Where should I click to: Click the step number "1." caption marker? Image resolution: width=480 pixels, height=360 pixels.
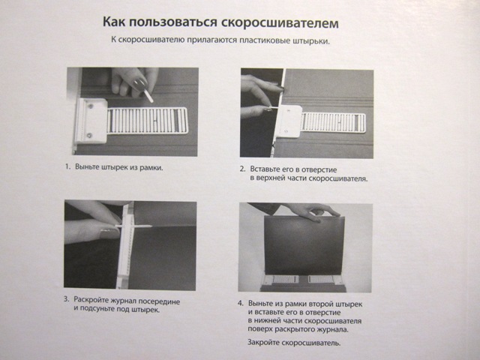click(68, 166)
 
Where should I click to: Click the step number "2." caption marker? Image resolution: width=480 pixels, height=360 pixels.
click(243, 169)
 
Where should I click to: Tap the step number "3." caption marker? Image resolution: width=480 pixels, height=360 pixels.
click(67, 299)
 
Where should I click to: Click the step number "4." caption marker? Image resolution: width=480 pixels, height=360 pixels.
click(241, 303)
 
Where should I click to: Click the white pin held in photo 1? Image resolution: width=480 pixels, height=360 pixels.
click(148, 96)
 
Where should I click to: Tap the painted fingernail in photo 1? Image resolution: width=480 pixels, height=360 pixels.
click(140, 84)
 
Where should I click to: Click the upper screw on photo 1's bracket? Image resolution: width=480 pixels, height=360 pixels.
click(91, 106)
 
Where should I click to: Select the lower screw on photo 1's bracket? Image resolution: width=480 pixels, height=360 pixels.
click(89, 135)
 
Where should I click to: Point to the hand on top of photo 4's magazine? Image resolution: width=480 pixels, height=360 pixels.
click(312, 212)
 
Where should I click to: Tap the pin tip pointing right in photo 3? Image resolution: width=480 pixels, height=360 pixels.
click(151, 226)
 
